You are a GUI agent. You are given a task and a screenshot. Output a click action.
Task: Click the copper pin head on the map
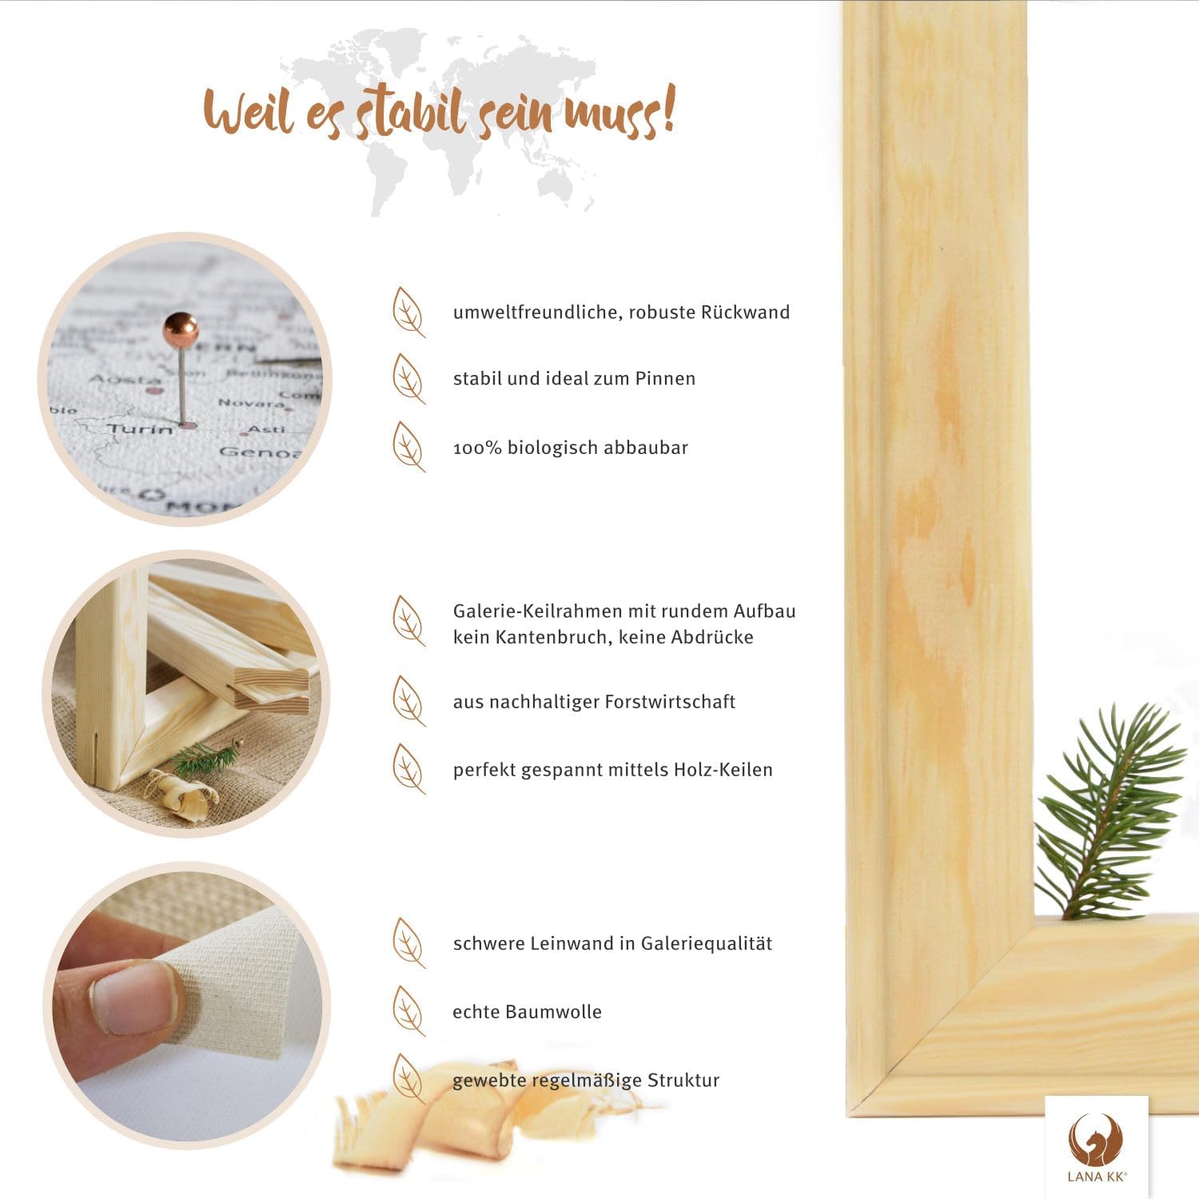click(x=181, y=329)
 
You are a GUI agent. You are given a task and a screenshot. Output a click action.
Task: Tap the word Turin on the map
click(x=141, y=429)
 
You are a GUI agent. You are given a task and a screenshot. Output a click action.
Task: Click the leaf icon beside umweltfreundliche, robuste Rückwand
click(x=408, y=313)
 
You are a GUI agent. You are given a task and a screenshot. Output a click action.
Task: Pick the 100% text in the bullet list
click(x=477, y=448)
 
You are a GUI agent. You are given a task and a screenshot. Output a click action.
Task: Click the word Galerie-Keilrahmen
click(x=537, y=611)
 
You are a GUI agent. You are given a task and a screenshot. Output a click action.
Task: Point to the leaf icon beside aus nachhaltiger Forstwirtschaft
click(x=408, y=702)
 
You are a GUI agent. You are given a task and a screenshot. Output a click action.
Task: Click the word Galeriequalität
click(x=707, y=944)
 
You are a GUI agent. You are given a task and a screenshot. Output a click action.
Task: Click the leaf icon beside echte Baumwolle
click(x=408, y=1011)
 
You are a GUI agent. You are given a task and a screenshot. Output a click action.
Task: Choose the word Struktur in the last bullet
click(x=683, y=1081)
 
